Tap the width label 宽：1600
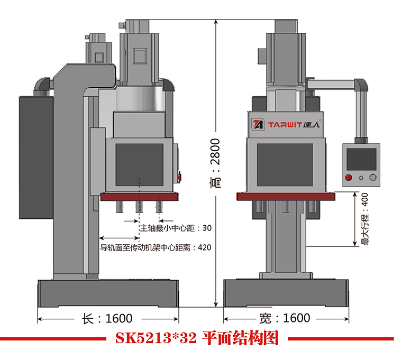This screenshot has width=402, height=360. (x=285, y=318)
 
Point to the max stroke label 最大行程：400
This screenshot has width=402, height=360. (x=364, y=220)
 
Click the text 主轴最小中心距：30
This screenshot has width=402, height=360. (x=175, y=228)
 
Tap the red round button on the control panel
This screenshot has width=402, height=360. (x=349, y=178)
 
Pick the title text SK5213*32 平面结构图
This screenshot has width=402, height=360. (x=196, y=338)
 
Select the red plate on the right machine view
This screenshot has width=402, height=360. (x=286, y=197)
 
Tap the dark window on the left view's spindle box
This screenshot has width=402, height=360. (x=140, y=164)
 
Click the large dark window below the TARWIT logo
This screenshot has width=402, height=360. (x=286, y=164)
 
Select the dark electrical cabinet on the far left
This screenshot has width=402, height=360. (x=35, y=159)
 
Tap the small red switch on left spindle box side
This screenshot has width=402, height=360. (x=179, y=177)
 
